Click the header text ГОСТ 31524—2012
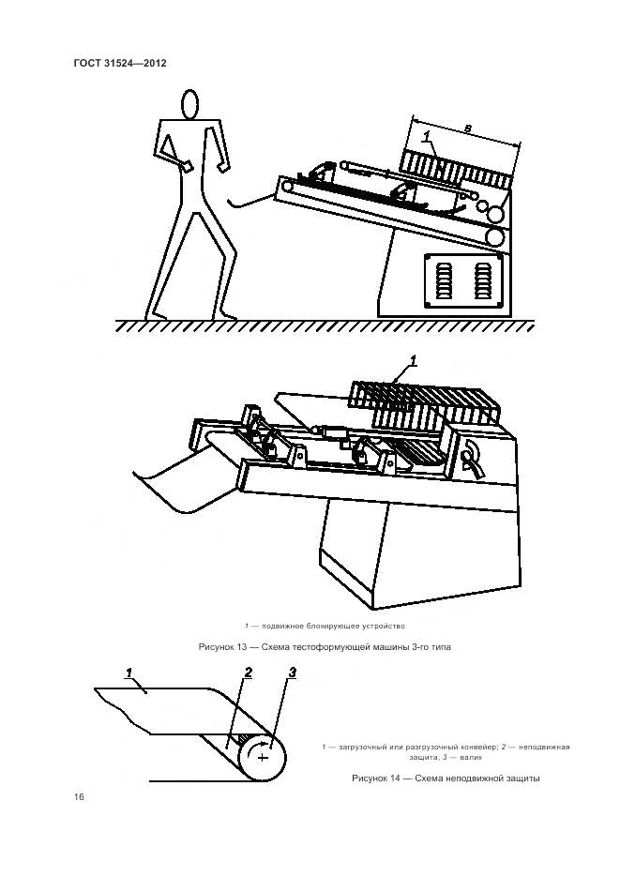120,63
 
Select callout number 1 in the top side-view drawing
428,139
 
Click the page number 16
79,796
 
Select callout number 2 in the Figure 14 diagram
248,673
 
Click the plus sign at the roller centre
263,756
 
